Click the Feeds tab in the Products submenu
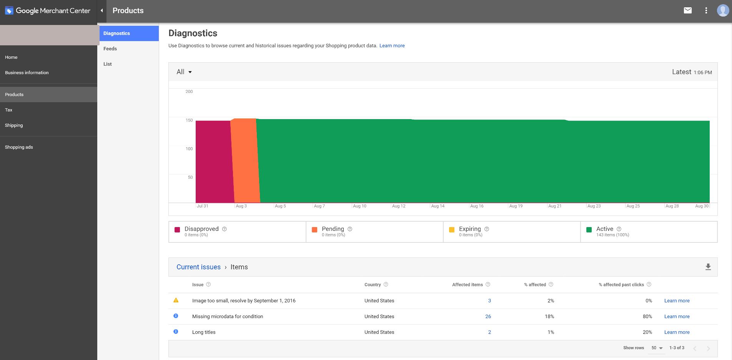tap(110, 49)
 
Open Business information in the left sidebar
tap(27, 73)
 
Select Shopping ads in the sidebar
tap(19, 147)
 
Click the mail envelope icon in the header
tap(687, 11)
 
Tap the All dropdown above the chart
tap(184, 72)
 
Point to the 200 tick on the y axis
tap(189, 92)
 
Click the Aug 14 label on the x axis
tap(438, 206)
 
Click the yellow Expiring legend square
tap(452, 230)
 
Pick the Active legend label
tap(604, 229)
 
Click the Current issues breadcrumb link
tap(198, 267)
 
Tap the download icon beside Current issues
tap(708, 267)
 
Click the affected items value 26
tap(488, 317)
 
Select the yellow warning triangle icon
tap(176, 300)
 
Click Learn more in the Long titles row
tap(677, 332)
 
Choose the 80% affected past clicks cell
tap(647, 317)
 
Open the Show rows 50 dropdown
tap(657, 348)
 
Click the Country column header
tap(372, 285)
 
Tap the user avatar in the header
tap(723, 11)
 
